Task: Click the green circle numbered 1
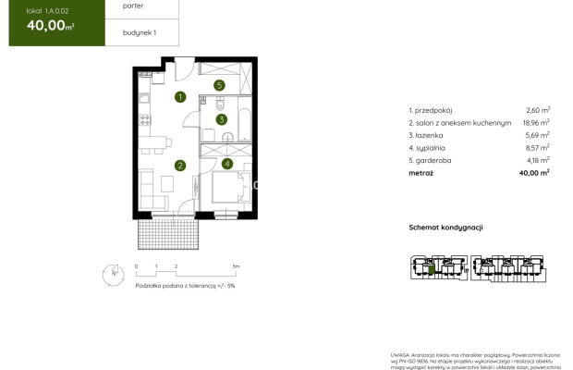tap(181, 96)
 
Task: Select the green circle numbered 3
tap(222, 119)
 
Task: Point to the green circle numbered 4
tap(226, 164)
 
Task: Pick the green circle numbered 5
tap(219, 86)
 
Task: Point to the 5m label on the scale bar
tap(236, 266)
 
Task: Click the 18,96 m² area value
tap(535, 122)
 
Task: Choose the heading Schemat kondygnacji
tap(446, 227)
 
